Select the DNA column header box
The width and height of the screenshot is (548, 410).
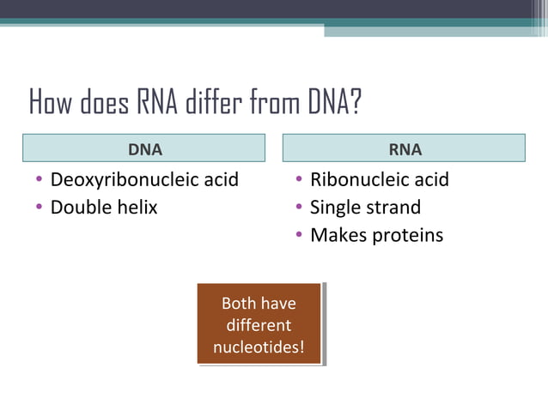[x=145, y=148]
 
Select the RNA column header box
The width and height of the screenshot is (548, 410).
[x=405, y=148]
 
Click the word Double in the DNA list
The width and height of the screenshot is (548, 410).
[x=79, y=207]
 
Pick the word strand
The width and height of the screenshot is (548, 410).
[x=392, y=207]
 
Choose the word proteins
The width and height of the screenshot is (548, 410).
[x=407, y=234]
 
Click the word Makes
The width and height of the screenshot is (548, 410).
[x=338, y=234]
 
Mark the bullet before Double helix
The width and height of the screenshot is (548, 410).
[x=39, y=208]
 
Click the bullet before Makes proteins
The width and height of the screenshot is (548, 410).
[x=298, y=235]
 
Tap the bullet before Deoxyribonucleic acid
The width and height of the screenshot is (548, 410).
[x=39, y=181]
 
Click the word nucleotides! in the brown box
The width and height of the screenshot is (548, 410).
[x=259, y=348]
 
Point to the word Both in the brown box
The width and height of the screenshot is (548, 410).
[x=240, y=303]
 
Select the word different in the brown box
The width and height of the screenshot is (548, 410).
[x=259, y=326]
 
